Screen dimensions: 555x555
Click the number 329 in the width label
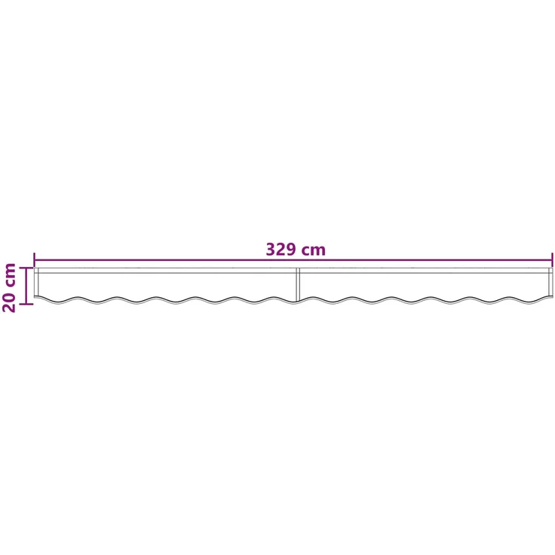281,249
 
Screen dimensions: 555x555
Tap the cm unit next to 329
313,251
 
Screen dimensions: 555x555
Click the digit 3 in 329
271,249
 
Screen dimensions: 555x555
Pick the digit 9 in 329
291,249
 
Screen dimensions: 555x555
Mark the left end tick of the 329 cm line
35,260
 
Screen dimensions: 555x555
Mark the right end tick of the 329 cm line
552,260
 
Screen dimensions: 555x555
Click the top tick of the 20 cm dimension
26,268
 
